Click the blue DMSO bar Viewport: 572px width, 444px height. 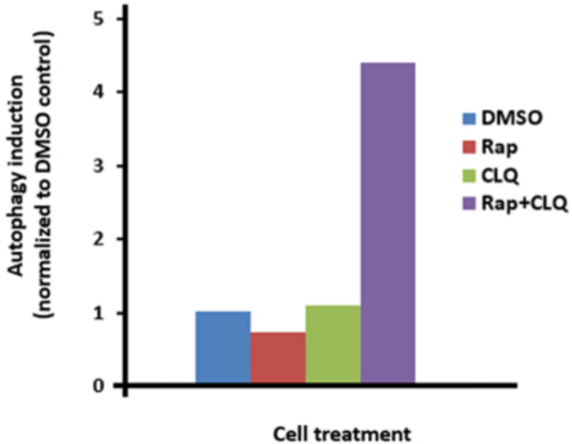click(223, 348)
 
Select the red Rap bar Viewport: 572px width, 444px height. click(278, 359)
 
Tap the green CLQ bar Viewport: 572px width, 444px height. click(333, 346)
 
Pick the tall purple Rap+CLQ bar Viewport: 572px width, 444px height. click(388, 224)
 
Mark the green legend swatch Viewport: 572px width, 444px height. click(470, 174)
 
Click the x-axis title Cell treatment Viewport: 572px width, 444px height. click(341, 433)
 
